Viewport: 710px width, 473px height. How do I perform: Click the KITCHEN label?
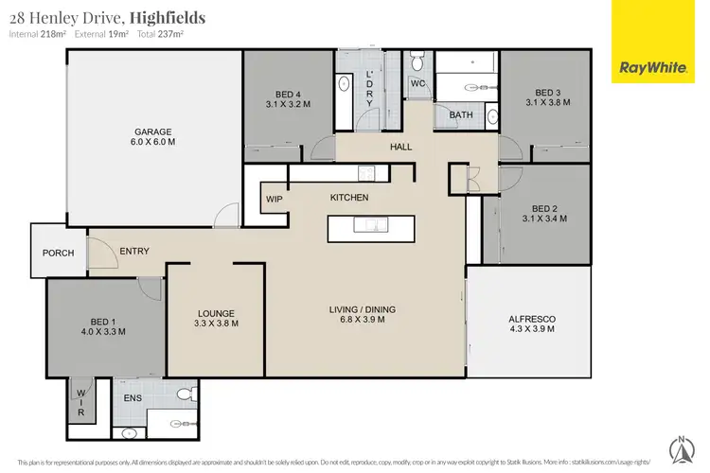pos(348,198)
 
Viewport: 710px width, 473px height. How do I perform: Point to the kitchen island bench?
pos(370,228)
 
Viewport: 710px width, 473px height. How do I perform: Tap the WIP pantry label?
pos(275,200)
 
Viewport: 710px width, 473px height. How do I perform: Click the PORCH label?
pos(59,254)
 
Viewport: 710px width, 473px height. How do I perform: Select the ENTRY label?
pos(133,251)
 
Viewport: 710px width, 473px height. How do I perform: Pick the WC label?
pos(417,84)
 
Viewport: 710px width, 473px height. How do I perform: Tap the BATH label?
pos(461,115)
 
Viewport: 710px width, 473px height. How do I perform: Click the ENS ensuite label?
pos(133,398)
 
